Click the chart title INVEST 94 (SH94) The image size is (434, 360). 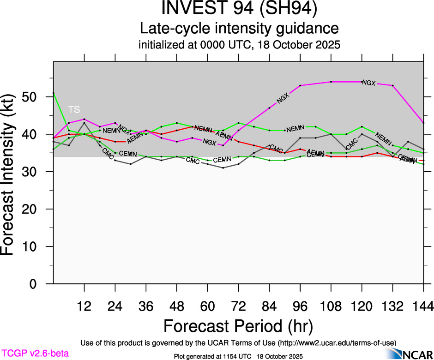click(x=239, y=9)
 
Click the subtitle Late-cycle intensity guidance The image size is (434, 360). click(x=239, y=28)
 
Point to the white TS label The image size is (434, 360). click(x=74, y=109)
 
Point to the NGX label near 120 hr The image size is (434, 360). click(x=369, y=83)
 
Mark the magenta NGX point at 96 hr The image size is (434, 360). click(x=300, y=85)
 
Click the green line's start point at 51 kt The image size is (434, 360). click(x=54, y=93)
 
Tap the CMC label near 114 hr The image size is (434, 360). click(x=352, y=144)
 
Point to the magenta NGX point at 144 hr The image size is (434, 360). click(x=423, y=123)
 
